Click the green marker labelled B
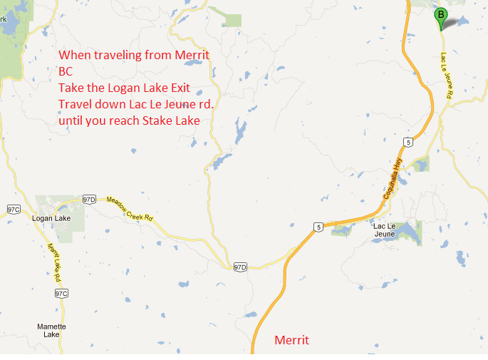[441, 16]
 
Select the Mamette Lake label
[51, 330]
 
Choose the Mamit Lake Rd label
[54, 261]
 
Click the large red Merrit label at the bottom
[292, 341]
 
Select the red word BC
[66, 71]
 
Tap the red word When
[72, 55]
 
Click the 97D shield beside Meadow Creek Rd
[89, 199]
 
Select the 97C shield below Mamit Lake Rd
[61, 294]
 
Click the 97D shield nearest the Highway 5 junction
[240, 267]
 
